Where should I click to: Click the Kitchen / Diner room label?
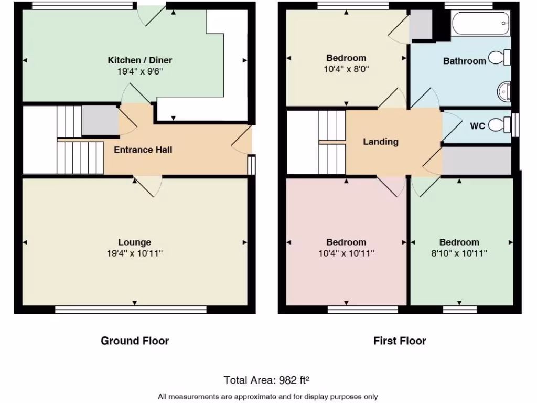point(140,60)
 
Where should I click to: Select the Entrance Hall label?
point(143,150)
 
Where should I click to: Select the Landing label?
point(381,142)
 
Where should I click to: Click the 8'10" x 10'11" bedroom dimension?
point(459,253)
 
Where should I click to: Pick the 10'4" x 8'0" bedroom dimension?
point(346,68)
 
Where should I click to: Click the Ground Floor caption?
point(135,341)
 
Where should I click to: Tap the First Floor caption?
point(400,341)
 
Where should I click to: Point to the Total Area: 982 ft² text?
point(270,379)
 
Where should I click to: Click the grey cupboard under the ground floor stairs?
point(100,120)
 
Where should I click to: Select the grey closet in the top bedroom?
point(421,25)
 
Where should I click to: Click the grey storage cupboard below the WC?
point(476,161)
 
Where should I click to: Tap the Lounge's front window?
point(131,310)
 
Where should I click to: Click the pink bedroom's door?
point(391,186)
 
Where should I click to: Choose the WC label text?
point(477,126)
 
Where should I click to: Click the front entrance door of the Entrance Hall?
point(241,141)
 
